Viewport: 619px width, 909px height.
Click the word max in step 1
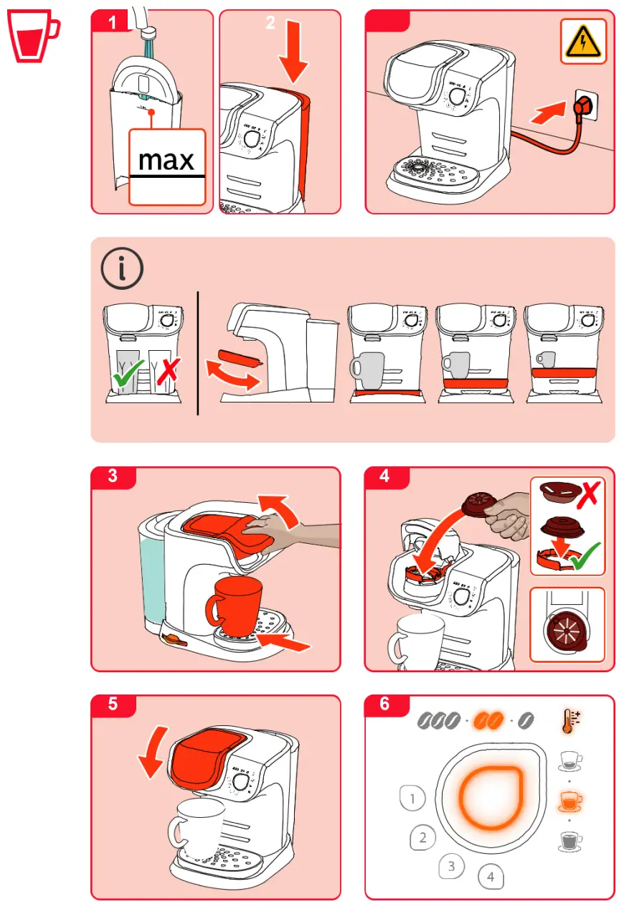[166, 159]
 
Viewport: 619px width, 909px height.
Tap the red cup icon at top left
[32, 37]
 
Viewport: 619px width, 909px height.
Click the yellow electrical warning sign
[583, 42]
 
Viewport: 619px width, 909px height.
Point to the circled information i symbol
[122, 268]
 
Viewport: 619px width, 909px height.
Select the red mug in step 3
[234, 606]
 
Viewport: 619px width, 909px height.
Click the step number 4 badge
[386, 476]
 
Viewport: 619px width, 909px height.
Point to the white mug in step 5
[197, 824]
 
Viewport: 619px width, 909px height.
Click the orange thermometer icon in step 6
[571, 720]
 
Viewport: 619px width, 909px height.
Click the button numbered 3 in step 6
[451, 866]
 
